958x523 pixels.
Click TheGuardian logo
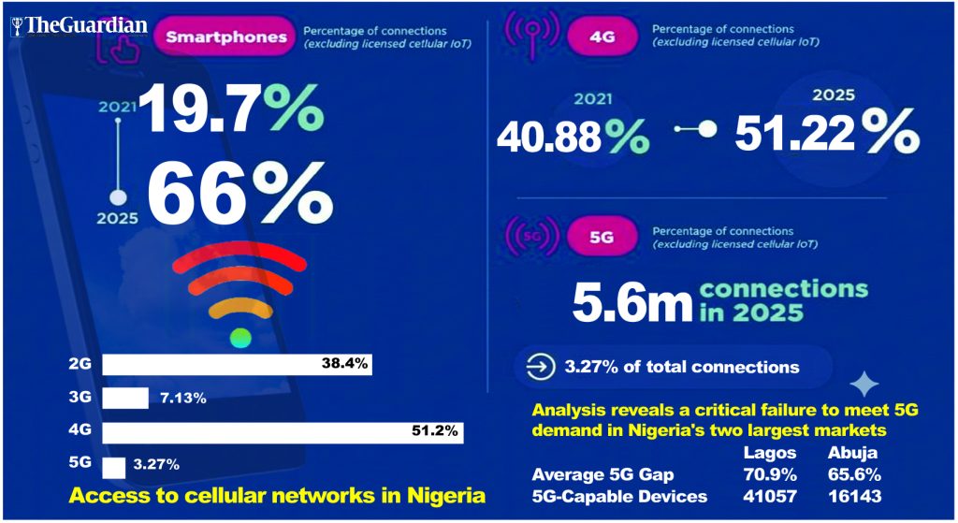79,25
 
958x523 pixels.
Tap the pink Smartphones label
226,37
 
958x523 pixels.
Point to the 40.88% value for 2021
573,137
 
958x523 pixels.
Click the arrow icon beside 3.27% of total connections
540,367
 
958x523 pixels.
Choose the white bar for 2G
237,364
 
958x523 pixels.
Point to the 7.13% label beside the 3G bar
183,399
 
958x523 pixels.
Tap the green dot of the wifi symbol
241,338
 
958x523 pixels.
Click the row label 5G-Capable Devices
618,496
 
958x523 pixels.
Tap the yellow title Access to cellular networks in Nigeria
277,495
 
